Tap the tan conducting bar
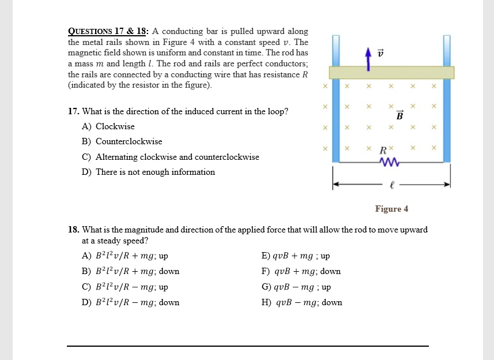(391, 72)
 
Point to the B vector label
(399, 115)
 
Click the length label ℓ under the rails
(392, 186)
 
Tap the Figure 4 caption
(391, 209)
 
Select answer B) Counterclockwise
(122, 141)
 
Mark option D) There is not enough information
(149, 172)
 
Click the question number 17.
(72, 111)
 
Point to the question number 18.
(72, 230)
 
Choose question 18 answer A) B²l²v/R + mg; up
(125, 256)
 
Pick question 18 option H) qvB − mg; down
(301, 302)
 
